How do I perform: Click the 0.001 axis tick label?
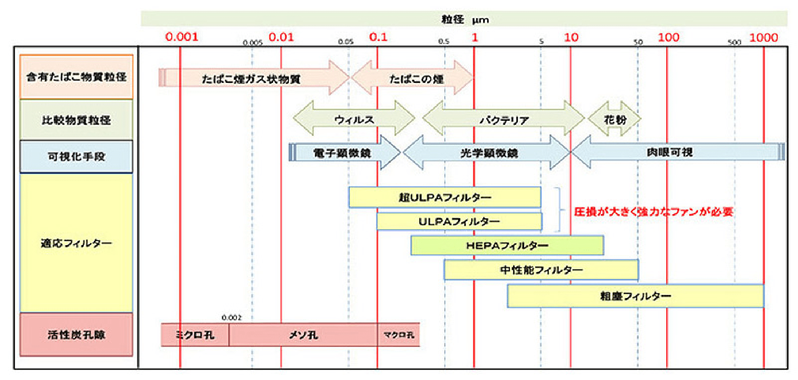(181, 37)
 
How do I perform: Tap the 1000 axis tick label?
(763, 37)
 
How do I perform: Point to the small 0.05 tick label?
(346, 42)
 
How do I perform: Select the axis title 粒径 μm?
(465, 19)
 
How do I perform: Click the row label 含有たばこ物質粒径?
(76, 77)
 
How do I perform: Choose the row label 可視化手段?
(76, 156)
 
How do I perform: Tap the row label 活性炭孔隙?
(76, 335)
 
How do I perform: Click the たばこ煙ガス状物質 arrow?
(251, 79)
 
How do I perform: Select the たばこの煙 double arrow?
(416, 79)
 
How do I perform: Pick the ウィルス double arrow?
(354, 119)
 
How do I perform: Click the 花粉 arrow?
(615, 119)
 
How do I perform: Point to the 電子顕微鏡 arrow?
(342, 153)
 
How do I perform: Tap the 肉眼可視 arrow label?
(669, 153)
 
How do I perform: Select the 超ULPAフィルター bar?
(445, 197)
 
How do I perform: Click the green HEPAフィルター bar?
(507, 246)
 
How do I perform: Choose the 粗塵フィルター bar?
(635, 296)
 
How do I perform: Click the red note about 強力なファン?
(653, 212)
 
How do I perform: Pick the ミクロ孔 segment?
(195, 335)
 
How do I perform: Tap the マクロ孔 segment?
(399, 335)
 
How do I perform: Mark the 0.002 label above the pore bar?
(231, 317)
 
